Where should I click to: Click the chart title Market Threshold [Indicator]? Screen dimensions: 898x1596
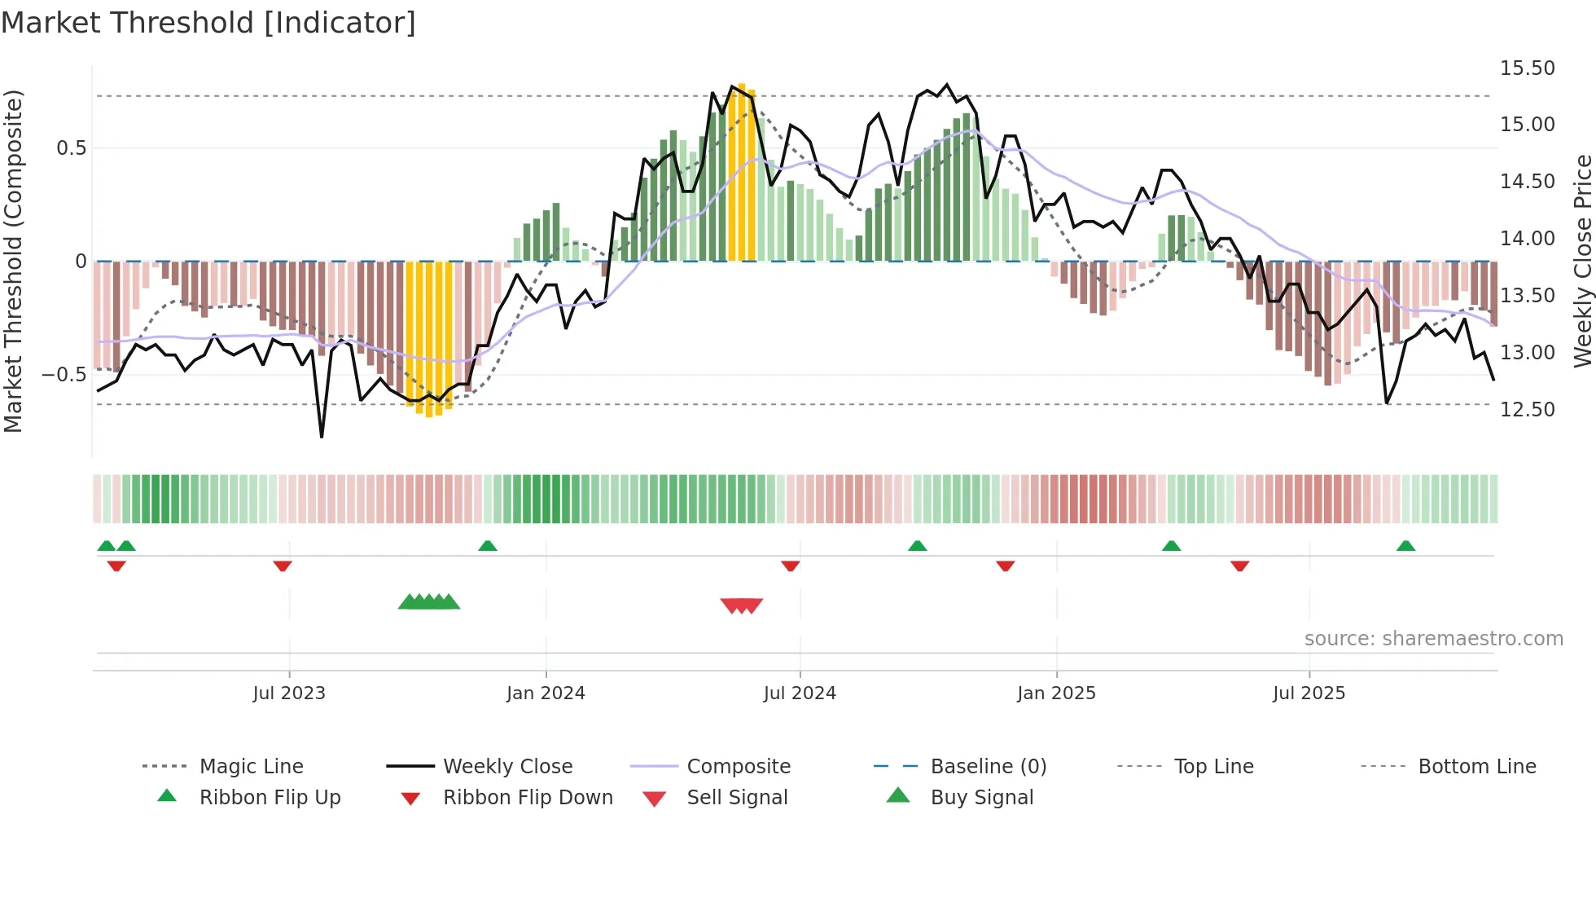[x=208, y=23]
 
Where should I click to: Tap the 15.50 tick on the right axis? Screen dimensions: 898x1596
[x=1527, y=68]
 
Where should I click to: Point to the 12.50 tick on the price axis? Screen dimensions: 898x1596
[x=1527, y=410]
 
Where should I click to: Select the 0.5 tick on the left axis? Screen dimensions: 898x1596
[x=71, y=148]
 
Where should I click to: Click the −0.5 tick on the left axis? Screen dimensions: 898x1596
[x=64, y=375]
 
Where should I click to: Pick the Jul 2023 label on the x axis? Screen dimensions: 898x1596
[x=288, y=693]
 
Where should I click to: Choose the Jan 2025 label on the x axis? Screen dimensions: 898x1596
[x=1056, y=693]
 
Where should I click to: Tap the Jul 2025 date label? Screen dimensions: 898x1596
[x=1309, y=693]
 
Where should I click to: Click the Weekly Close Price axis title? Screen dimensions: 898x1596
[x=1582, y=261]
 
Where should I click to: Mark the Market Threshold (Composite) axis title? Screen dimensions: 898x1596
[x=13, y=261]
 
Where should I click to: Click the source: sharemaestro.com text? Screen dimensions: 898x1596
[x=1433, y=639]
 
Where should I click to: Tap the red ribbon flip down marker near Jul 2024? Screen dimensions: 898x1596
[x=790, y=566]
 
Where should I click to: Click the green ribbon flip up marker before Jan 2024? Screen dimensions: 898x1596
[x=487, y=546]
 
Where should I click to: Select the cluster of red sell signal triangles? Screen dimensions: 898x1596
[x=741, y=605]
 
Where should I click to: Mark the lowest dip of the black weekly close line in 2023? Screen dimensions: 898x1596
[x=322, y=436]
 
